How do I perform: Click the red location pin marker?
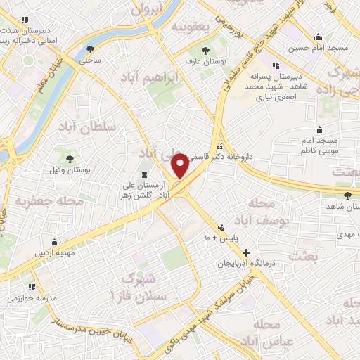tap(180, 166)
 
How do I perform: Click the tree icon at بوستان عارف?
tap(205, 51)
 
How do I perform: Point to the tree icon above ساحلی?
tap(90, 49)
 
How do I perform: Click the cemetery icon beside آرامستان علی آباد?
tap(145, 174)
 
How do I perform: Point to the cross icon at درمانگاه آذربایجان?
tap(245, 253)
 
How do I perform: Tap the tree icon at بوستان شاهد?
tap(347, 195)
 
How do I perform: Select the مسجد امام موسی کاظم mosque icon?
tap(320, 129)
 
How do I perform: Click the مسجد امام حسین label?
tap(317, 48)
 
